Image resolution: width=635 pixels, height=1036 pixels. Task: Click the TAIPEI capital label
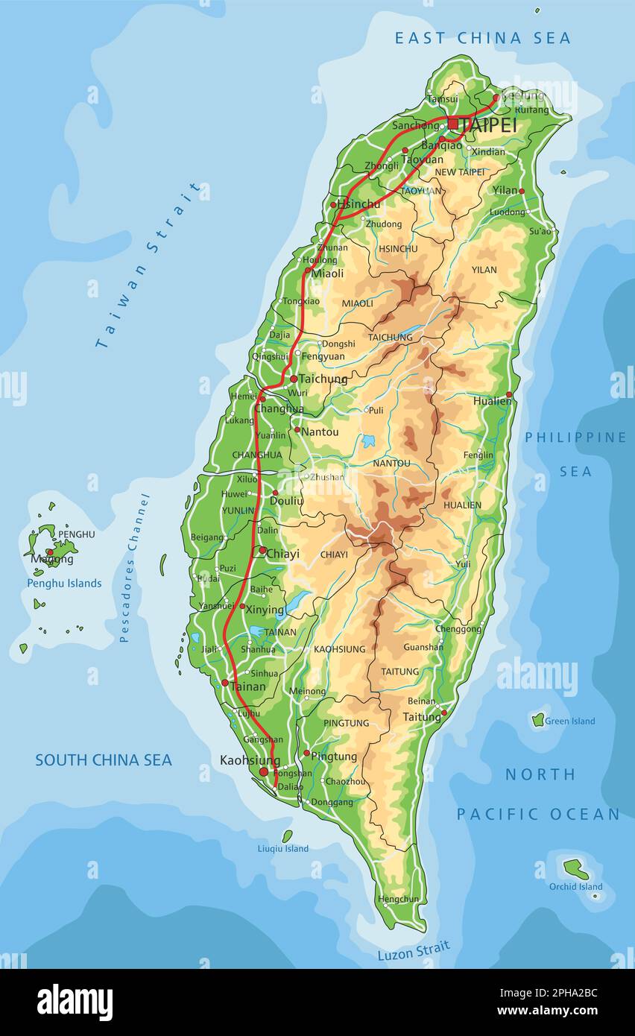click(489, 125)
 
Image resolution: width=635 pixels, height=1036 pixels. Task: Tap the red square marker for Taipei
click(452, 124)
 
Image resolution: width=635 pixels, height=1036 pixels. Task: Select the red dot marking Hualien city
click(509, 395)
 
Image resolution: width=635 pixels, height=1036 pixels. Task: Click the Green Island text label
click(569, 721)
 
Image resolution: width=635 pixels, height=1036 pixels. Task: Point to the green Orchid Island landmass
click(574, 868)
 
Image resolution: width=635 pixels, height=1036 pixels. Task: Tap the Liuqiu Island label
click(283, 848)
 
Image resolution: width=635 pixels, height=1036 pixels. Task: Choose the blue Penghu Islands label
click(64, 583)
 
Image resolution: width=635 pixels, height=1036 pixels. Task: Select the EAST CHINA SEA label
click(482, 38)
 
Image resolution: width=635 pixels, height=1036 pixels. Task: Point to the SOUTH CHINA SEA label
click(104, 760)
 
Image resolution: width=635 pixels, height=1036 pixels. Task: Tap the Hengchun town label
click(398, 899)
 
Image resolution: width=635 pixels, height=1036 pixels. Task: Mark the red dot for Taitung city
click(444, 713)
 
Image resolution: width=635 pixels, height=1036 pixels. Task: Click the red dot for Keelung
click(496, 97)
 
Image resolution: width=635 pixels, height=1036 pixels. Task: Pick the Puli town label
click(376, 410)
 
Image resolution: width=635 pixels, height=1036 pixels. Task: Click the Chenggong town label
click(458, 629)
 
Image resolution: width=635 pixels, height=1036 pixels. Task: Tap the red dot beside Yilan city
click(522, 192)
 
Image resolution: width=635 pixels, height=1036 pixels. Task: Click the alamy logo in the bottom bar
click(75, 1002)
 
